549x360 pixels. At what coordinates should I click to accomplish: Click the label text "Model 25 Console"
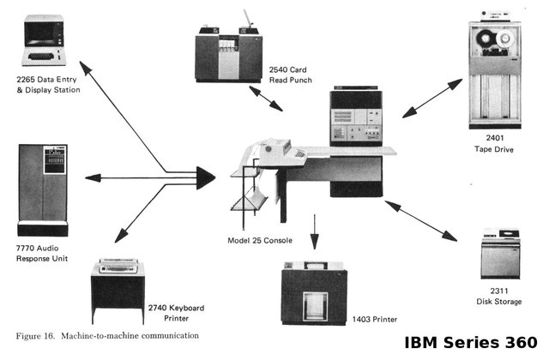pyautogui.click(x=260, y=241)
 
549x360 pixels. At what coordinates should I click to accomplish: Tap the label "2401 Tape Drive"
pyautogui.click(x=494, y=142)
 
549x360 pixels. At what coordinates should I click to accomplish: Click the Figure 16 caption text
pyautogui.click(x=107, y=334)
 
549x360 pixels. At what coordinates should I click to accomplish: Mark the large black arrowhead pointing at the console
pyautogui.click(x=203, y=177)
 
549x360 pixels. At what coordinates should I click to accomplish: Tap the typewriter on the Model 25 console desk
pyautogui.click(x=279, y=152)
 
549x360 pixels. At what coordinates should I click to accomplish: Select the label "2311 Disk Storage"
pyautogui.click(x=497, y=297)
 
